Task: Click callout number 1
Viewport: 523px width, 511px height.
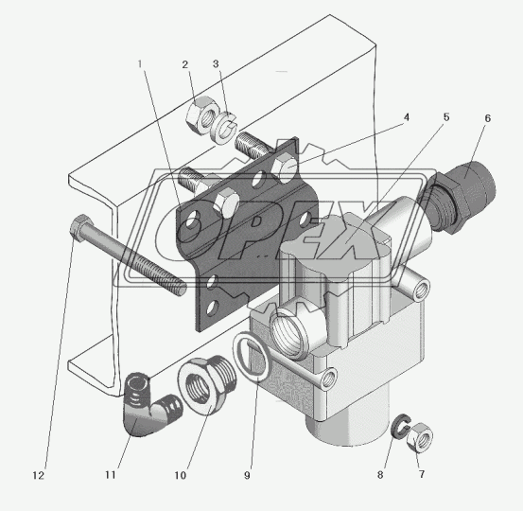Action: tap(140, 63)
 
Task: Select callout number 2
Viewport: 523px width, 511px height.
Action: tap(185, 64)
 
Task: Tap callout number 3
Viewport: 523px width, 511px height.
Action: tap(216, 63)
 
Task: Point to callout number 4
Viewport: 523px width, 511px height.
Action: tap(406, 117)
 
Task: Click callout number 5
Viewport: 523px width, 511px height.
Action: tap(446, 117)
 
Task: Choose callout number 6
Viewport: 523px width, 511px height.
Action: tap(488, 118)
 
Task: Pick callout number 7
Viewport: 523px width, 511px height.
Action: tap(422, 474)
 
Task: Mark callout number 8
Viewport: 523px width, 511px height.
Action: tap(380, 475)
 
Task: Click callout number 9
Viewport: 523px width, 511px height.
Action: tap(247, 475)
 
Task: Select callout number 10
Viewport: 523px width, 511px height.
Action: tap(180, 475)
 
